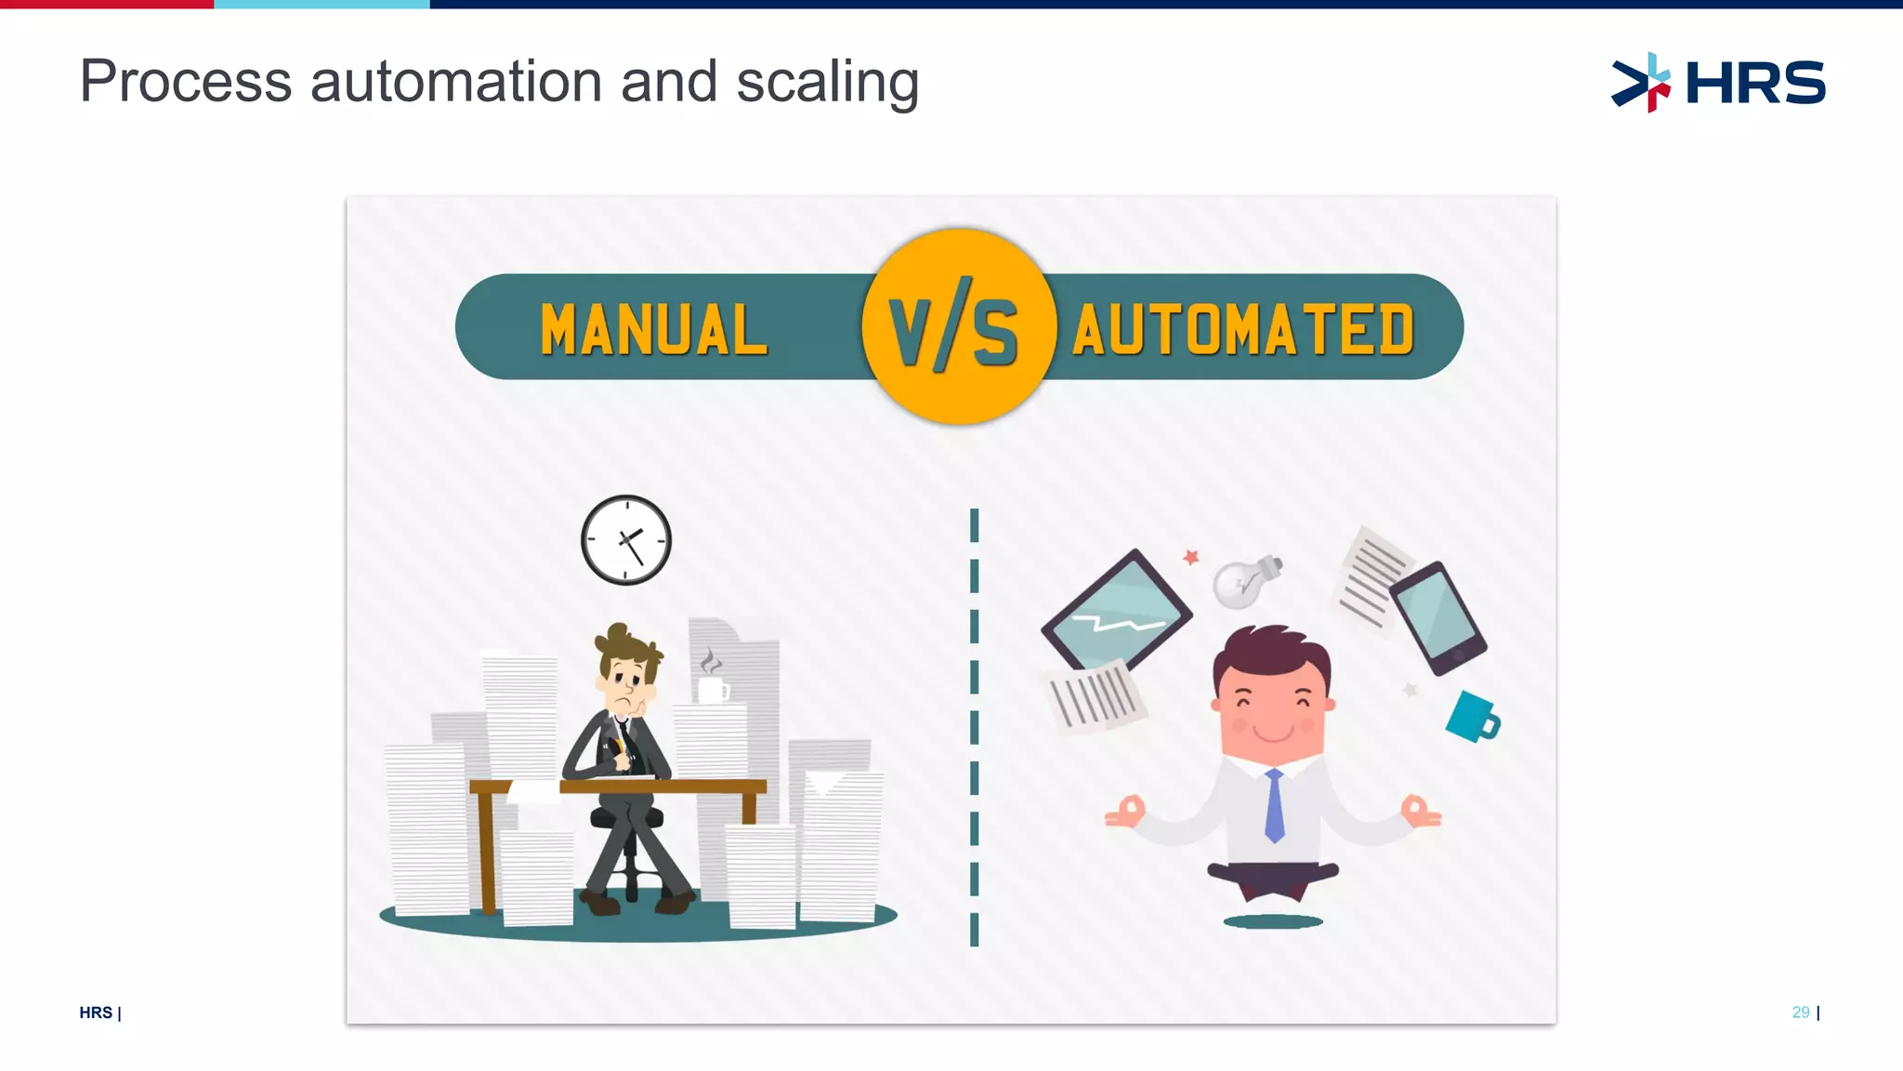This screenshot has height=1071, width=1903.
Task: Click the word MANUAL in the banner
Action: point(654,330)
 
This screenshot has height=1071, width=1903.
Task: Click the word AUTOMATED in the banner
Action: point(1243,330)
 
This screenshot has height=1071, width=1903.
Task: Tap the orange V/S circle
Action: point(957,326)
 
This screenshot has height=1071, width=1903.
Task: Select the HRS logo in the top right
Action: point(1718,82)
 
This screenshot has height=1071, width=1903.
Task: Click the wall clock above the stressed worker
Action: point(626,540)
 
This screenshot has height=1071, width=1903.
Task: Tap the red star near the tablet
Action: point(1191,557)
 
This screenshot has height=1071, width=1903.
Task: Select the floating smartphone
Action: point(1437,617)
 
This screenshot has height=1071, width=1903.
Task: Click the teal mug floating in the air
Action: point(1472,717)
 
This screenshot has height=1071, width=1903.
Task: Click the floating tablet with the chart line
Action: point(1116,610)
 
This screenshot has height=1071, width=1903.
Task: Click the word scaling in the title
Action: point(827,82)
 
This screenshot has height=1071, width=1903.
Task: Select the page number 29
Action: point(1801,1012)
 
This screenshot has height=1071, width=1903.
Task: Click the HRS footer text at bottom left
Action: point(96,1012)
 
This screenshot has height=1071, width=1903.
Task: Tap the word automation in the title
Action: point(456,82)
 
